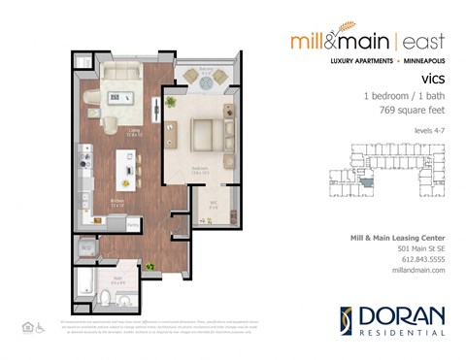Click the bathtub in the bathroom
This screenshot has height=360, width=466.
pyautogui.click(x=83, y=286)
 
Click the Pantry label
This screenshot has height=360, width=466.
pyautogui.click(x=131, y=223)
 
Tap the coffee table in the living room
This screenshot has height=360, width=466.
pyautogui.click(x=124, y=96)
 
